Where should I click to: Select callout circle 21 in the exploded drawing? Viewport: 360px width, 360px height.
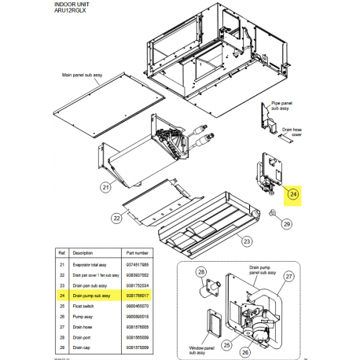point(105,187)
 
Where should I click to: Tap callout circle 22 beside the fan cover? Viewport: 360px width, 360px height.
point(116,218)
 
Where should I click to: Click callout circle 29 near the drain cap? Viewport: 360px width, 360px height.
point(286,224)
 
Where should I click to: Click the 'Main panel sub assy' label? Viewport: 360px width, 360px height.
point(84,77)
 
